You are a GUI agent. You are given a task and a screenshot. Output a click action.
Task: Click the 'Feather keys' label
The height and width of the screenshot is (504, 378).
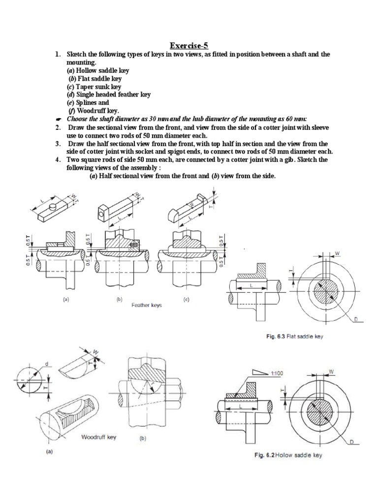pos(147,305)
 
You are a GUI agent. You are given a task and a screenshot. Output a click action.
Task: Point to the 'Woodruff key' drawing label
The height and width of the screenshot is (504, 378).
pos(98,437)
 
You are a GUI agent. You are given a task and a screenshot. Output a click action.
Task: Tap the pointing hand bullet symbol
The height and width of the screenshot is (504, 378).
pos(59,119)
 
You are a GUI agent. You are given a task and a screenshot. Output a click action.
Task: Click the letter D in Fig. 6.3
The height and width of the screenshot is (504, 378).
pos(355,319)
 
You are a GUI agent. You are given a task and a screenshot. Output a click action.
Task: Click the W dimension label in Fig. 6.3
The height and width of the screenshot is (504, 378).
pos(338,253)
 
